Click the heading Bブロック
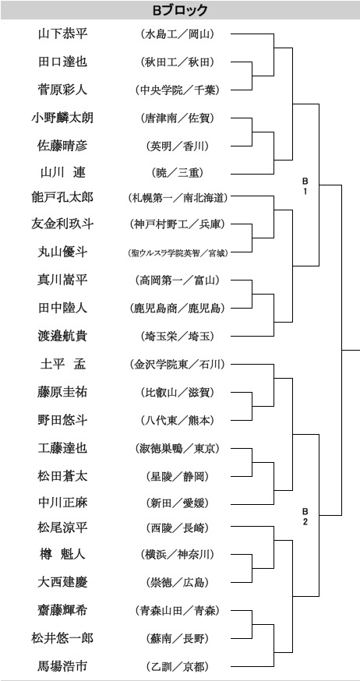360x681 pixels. (x=180, y=10)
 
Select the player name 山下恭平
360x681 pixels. (x=62, y=34)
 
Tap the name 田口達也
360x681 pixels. (x=62, y=62)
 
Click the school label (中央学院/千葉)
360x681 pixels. (x=177, y=90)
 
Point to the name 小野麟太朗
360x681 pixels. (x=62, y=118)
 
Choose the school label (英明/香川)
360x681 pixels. (x=177, y=146)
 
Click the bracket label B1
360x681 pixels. (x=305, y=185)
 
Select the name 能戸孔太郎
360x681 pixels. (x=62, y=198)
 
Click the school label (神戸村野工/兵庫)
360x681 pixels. (x=177, y=224)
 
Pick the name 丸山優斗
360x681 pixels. (x=62, y=252)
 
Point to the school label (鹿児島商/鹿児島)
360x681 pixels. (x=177, y=309)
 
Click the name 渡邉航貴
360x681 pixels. (x=62, y=336)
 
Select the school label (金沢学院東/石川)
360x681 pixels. (x=177, y=365)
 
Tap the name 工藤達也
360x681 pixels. (x=62, y=448)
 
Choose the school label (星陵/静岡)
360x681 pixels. (x=177, y=476)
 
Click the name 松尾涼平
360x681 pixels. (x=62, y=528)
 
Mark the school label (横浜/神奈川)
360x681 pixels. (x=177, y=554)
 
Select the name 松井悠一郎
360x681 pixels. (x=62, y=638)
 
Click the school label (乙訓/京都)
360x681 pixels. (x=177, y=665)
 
